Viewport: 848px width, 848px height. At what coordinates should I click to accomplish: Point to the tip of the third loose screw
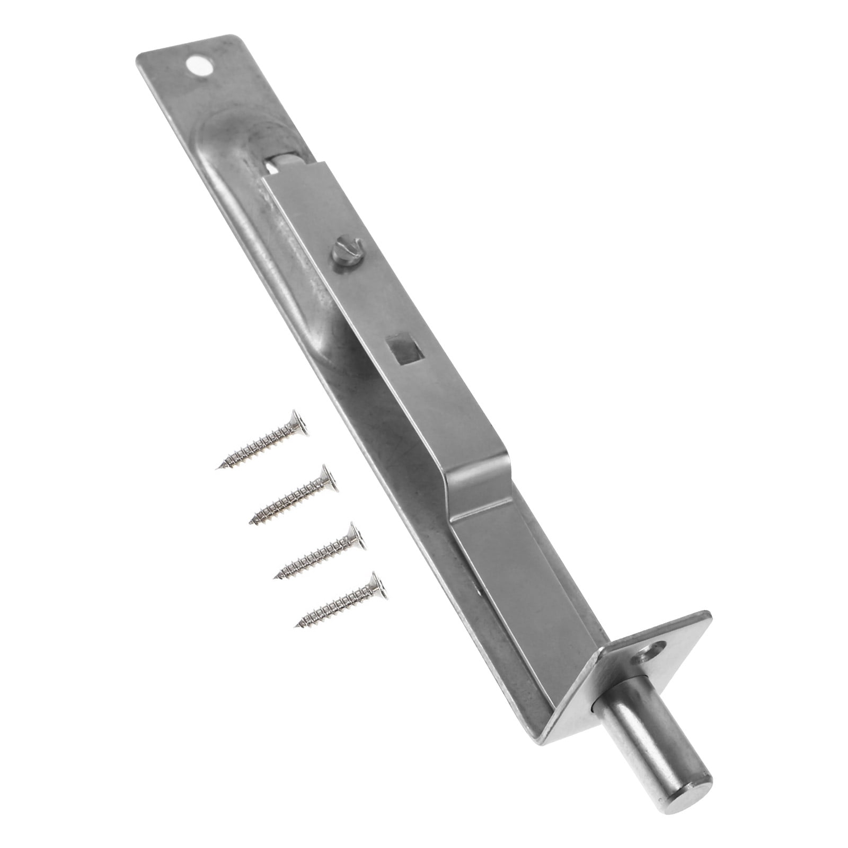coord(275,578)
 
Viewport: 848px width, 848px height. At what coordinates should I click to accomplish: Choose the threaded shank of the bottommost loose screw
coord(336,607)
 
